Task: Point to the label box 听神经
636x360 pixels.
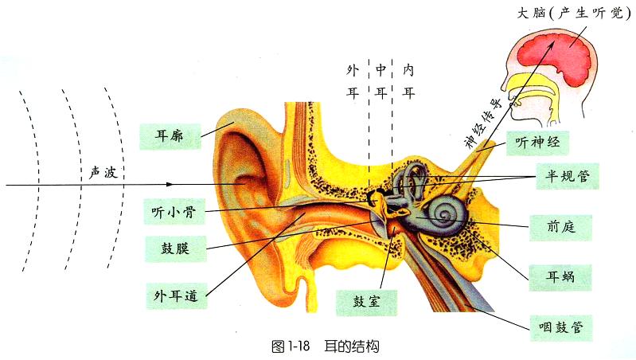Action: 537,143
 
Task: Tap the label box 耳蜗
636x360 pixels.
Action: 561,276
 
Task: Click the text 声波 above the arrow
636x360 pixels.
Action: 104,172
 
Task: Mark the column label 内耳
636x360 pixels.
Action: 409,80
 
